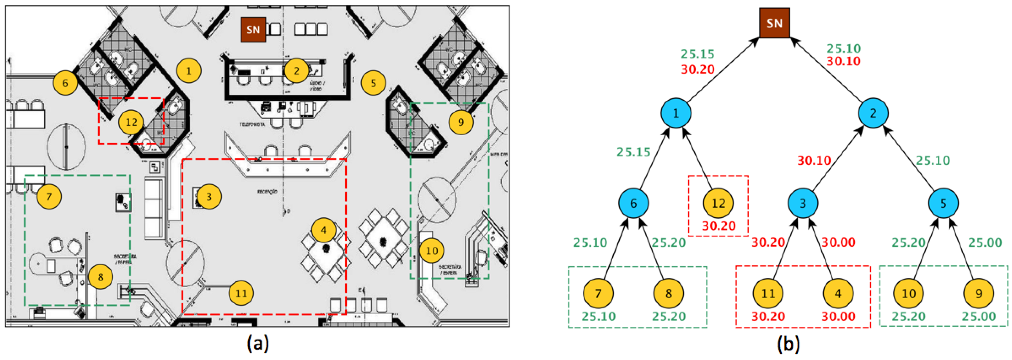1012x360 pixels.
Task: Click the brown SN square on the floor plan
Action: tap(253, 30)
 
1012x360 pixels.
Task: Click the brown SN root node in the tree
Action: tap(774, 23)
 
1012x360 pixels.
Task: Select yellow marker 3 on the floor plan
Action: tap(209, 196)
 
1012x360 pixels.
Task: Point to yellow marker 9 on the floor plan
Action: tap(461, 122)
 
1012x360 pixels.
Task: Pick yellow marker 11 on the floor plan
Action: tap(241, 293)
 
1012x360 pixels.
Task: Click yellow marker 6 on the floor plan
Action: tap(65, 83)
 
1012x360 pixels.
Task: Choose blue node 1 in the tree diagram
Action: tap(676, 113)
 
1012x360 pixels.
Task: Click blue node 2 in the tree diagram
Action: tap(873, 113)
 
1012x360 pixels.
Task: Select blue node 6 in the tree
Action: tap(633, 203)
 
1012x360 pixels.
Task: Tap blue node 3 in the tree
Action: tap(803, 203)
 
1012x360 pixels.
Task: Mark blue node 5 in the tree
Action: tap(943, 203)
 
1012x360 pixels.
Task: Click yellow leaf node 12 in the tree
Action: tap(718, 203)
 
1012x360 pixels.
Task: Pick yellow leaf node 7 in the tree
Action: tap(598, 293)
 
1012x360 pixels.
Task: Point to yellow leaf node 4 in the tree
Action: tap(838, 293)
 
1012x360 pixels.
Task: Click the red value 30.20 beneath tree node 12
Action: tap(719, 226)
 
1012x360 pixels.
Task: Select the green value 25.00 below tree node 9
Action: tap(978, 316)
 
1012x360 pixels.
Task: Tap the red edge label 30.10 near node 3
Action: tap(814, 160)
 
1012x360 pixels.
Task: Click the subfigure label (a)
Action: tap(258, 343)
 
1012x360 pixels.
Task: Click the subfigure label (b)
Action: tap(788, 343)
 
